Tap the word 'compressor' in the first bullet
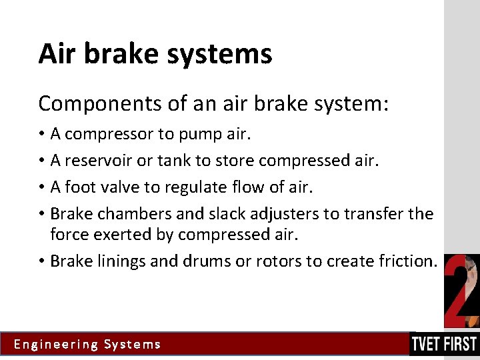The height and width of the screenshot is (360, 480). pyautogui.click(x=109, y=135)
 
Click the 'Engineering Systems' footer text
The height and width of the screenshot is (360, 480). pyautogui.click(x=87, y=345)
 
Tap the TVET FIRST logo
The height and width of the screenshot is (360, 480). pyautogui.click(x=444, y=344)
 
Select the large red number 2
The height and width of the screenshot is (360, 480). pyautogui.click(x=461, y=291)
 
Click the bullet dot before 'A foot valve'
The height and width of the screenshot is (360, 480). pyautogui.click(x=42, y=188)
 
